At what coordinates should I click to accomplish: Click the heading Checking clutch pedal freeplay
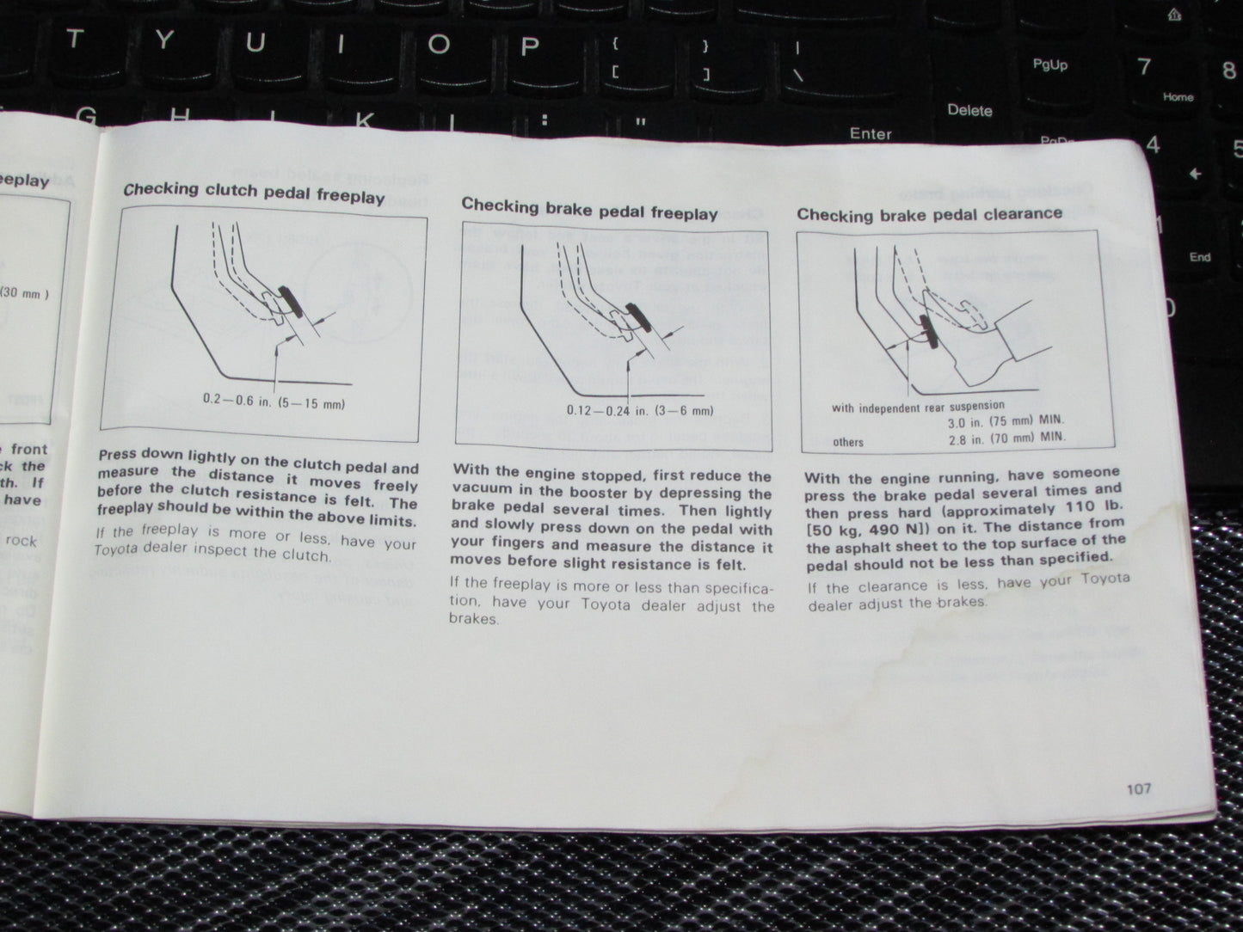click(254, 193)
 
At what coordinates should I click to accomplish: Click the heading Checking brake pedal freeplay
click(589, 209)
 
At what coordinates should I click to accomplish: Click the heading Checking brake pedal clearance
click(929, 213)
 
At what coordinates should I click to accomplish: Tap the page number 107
click(1138, 788)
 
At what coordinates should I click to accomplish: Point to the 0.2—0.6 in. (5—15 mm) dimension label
click(274, 402)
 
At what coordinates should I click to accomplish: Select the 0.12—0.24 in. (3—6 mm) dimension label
click(640, 410)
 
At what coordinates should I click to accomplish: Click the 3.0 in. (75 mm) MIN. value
click(1006, 420)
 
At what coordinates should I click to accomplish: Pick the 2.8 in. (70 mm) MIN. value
click(1006, 437)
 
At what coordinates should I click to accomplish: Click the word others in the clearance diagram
click(848, 442)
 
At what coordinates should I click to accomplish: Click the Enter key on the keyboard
click(871, 133)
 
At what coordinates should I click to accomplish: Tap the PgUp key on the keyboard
click(1049, 65)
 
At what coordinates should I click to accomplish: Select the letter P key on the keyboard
click(529, 45)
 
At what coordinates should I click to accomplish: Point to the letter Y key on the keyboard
click(164, 39)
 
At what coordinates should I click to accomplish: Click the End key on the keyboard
click(1199, 256)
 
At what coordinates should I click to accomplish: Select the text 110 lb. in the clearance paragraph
click(1092, 506)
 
